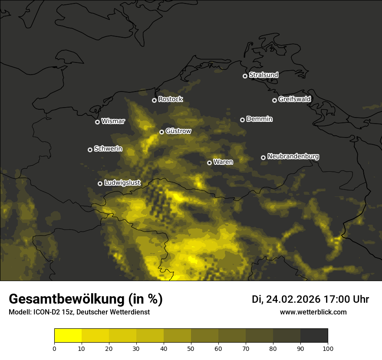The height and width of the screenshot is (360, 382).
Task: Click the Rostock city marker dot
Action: (x=154, y=100)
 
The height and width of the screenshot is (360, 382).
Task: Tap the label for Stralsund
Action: (x=263, y=75)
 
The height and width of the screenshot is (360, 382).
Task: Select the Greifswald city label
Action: (x=294, y=99)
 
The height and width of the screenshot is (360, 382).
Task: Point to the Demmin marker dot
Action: (x=242, y=120)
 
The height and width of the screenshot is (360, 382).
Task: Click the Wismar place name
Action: (x=113, y=121)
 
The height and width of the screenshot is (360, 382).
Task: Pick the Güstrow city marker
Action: (x=161, y=132)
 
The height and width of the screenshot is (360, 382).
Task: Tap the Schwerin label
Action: (x=108, y=149)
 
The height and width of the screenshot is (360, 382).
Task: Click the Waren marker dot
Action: (x=209, y=163)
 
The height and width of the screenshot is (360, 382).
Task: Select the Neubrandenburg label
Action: (x=293, y=157)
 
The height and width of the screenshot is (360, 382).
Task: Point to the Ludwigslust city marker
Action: (x=100, y=183)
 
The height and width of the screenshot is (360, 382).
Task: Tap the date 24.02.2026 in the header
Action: (x=293, y=299)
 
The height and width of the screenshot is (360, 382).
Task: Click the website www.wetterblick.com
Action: (x=313, y=312)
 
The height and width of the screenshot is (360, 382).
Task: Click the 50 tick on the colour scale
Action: (x=191, y=348)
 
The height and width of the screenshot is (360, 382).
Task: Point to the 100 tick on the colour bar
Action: (x=328, y=348)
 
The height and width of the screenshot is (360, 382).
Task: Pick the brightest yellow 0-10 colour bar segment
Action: (x=68, y=336)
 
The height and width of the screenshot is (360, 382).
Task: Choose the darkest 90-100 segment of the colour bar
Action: (x=314, y=336)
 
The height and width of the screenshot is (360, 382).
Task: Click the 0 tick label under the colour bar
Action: (x=54, y=348)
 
